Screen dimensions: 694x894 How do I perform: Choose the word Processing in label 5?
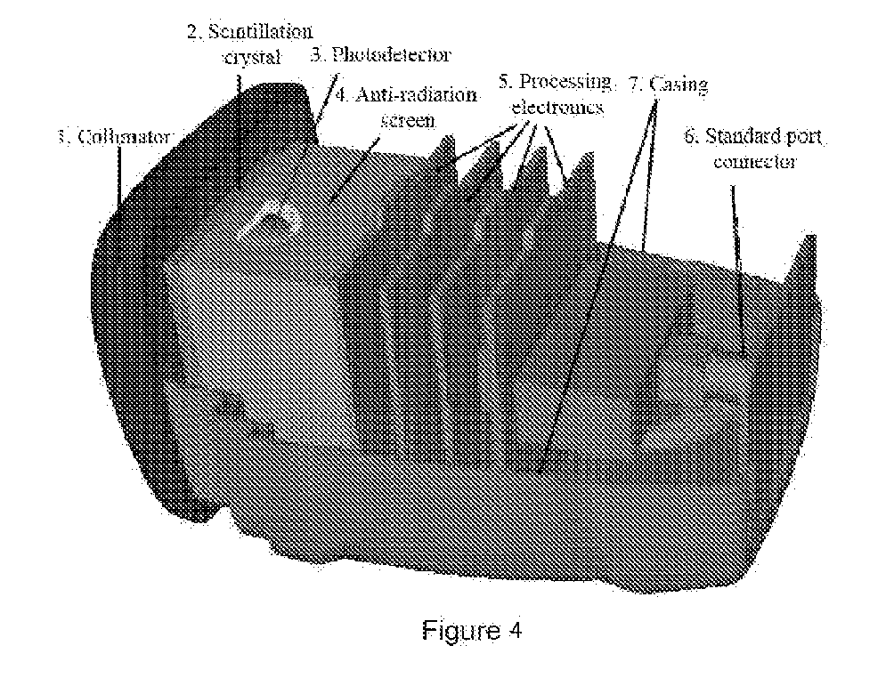(565, 83)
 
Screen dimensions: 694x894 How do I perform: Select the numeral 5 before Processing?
(504, 83)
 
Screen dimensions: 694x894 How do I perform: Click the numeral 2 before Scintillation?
(192, 33)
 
